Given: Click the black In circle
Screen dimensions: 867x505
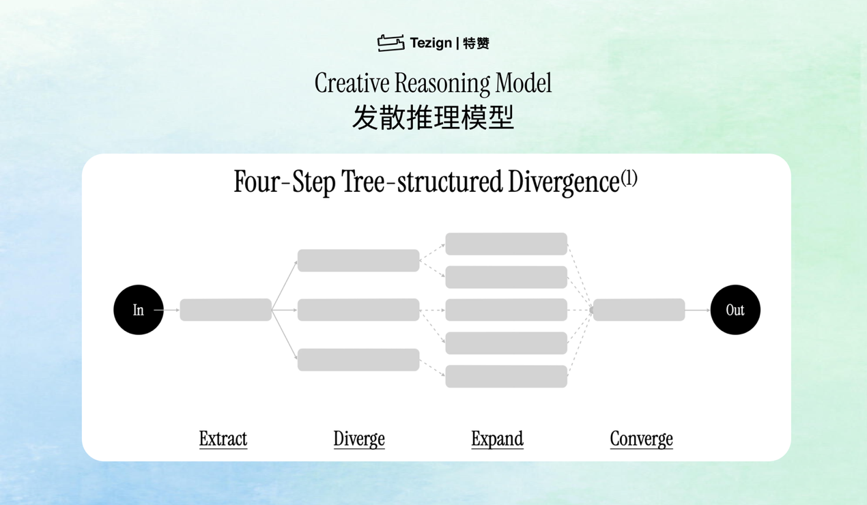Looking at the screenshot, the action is click(x=139, y=310).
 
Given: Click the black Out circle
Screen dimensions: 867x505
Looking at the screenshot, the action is click(x=735, y=310).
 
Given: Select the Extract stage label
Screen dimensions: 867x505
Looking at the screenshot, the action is click(x=223, y=439).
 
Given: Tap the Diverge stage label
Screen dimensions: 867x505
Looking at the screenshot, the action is click(x=359, y=439).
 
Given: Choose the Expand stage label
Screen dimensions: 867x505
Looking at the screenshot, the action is click(x=498, y=439).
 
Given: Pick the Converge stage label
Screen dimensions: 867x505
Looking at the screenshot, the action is click(x=641, y=439).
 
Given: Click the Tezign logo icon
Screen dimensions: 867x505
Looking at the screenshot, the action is click(x=391, y=43).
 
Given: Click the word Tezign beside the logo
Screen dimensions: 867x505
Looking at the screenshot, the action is click(x=431, y=43).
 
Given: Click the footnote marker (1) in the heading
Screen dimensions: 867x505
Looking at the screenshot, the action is click(x=629, y=178).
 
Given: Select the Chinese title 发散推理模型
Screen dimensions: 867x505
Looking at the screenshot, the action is click(x=433, y=117).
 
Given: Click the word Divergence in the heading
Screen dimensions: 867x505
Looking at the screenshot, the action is click(x=564, y=182).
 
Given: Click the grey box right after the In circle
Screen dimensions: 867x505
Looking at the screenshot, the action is click(x=226, y=310).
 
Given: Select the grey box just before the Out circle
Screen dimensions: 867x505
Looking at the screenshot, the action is click(x=639, y=310).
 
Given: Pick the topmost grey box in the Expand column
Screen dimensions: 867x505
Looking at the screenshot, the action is click(x=507, y=244).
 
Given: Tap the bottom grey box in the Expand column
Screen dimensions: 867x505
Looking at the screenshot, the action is click(x=507, y=377).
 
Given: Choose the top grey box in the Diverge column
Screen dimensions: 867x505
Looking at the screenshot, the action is click(x=358, y=261).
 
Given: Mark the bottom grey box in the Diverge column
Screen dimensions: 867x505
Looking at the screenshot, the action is click(x=358, y=360).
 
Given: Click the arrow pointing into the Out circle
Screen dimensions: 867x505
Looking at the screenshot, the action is click(x=698, y=310).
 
